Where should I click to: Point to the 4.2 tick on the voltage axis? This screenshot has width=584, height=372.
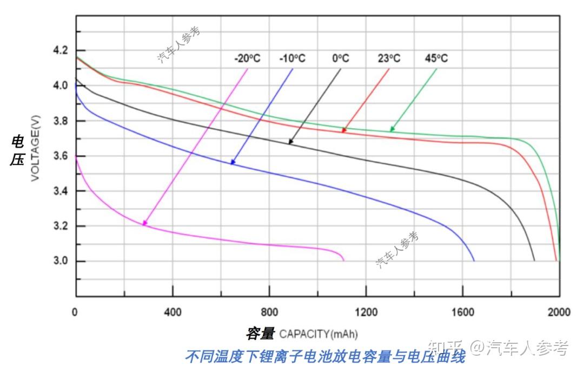(61, 50)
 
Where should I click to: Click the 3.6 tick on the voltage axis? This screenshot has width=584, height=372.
(61, 156)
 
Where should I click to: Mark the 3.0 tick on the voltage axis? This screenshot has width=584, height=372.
(61, 261)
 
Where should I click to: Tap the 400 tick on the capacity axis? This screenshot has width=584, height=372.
(172, 312)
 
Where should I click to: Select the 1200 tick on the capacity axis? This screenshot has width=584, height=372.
(366, 312)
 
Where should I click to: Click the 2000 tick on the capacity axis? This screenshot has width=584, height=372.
(559, 312)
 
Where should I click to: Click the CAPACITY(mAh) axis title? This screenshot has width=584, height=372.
(318, 334)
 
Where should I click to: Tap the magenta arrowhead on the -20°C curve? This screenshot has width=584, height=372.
(144, 223)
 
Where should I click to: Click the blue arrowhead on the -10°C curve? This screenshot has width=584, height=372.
(233, 161)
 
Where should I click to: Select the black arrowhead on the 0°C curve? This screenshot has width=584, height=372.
(290, 142)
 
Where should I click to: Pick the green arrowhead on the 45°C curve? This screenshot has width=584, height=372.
(392, 129)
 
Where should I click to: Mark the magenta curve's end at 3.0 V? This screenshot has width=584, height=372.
(343, 260)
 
